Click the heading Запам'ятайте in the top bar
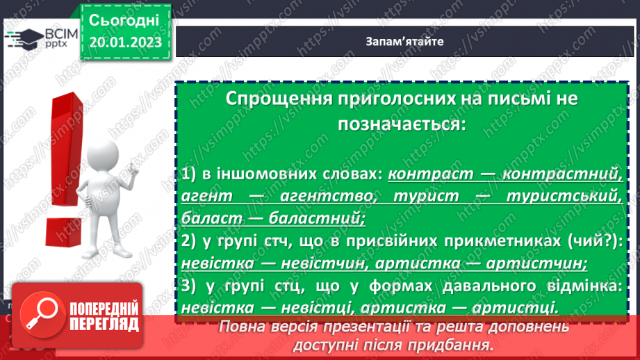tap(404, 41)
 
